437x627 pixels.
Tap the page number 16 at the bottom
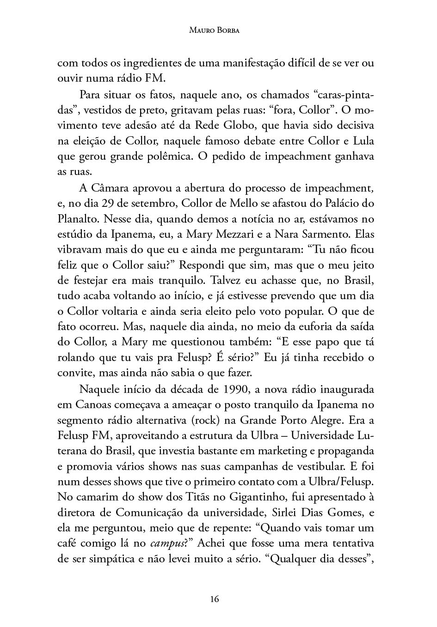(214, 599)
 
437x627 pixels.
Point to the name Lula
(363, 140)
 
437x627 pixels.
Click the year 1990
(235, 389)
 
